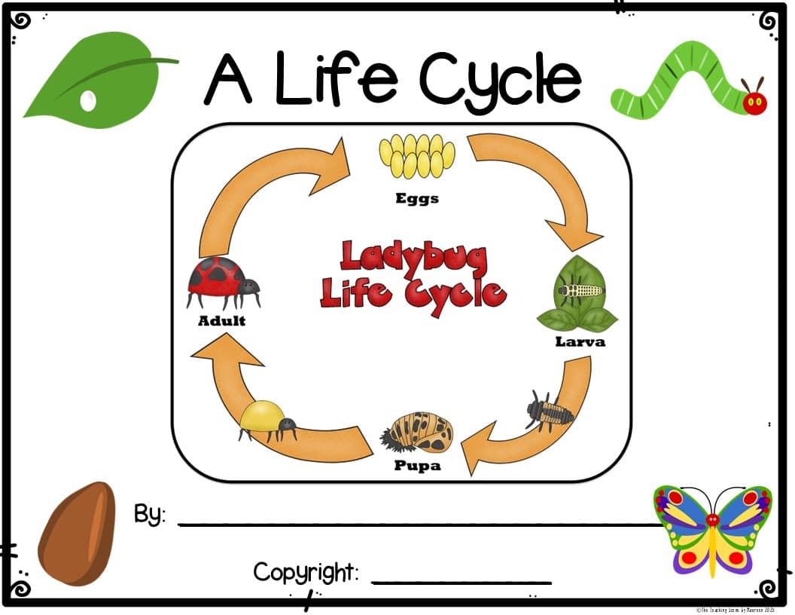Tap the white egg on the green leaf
[x=89, y=99]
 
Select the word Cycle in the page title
[x=500, y=78]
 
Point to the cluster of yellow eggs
[x=417, y=155]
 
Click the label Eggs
[x=417, y=199]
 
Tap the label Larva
[x=580, y=341]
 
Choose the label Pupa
[x=417, y=465]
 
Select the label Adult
[x=221, y=320]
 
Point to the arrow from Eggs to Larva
[x=542, y=188]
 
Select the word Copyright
[x=306, y=573]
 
